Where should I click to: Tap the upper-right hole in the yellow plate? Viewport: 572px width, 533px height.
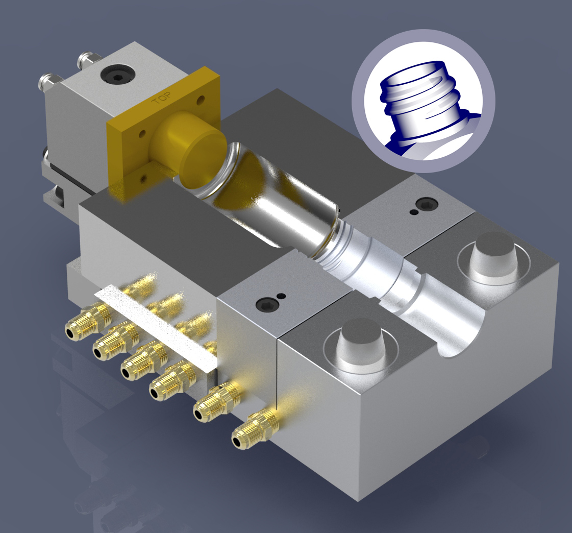[x=201, y=99]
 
